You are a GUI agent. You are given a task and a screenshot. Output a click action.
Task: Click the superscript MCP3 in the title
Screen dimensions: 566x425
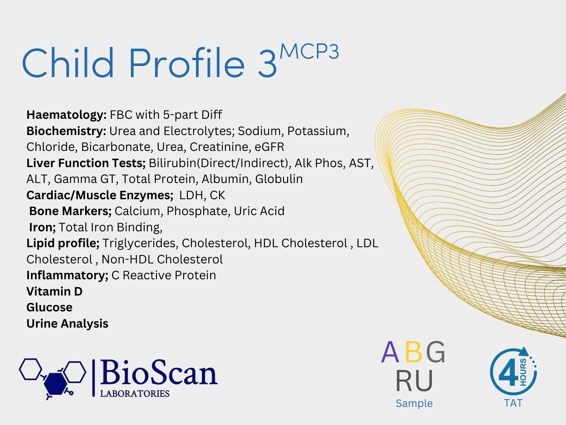pos(309,52)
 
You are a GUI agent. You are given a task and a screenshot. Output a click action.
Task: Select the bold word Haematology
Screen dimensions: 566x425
pos(66,115)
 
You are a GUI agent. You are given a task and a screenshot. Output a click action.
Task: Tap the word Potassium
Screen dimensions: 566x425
pos(318,131)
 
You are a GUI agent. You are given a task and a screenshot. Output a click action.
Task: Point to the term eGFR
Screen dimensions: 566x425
pos(269,147)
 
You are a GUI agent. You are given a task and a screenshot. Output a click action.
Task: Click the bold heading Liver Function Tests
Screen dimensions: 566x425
pos(86,163)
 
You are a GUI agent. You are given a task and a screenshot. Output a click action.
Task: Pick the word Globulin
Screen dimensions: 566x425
pos(279,179)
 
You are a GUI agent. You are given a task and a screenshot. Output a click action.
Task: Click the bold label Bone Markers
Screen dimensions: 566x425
pos(70,211)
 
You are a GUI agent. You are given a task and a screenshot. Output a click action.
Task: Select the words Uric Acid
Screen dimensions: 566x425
pos(259,211)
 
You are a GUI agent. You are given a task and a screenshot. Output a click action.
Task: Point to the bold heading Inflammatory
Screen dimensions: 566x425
pos(67,275)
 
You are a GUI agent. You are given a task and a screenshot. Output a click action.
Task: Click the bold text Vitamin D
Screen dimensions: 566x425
pos(55,291)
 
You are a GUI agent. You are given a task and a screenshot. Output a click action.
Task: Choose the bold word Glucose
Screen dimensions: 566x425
pos(49,308)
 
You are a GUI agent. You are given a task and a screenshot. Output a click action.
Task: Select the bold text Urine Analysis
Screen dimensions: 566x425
pos(67,324)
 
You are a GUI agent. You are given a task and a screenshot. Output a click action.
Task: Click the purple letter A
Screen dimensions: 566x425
pos(390,352)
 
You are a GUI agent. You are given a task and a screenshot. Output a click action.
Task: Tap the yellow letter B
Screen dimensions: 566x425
pos(413,352)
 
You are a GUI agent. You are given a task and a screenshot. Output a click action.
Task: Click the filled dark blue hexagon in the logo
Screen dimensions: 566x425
pos(56,384)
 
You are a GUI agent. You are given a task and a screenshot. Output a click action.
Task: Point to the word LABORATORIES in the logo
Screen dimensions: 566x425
pos(134,394)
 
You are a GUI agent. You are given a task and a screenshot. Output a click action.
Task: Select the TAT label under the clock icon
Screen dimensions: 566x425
pos(513,403)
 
